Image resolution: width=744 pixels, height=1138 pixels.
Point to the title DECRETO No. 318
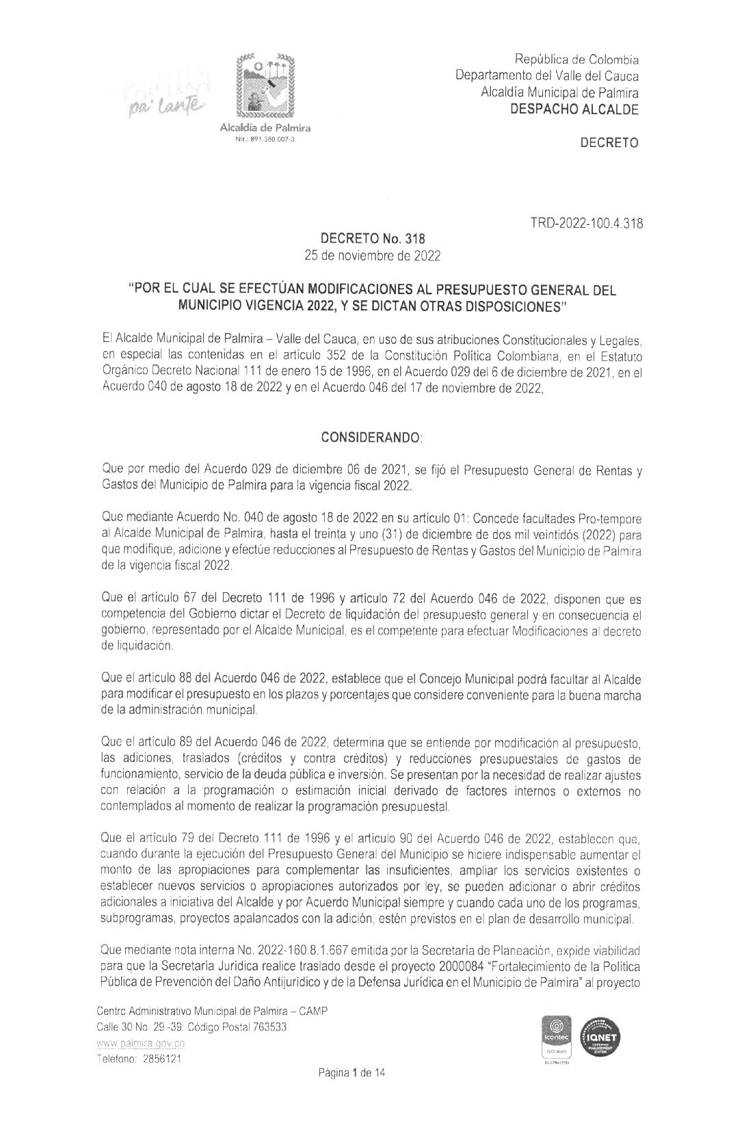pos(373,239)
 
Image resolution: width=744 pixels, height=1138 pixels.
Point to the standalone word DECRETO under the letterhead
pos(609,143)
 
